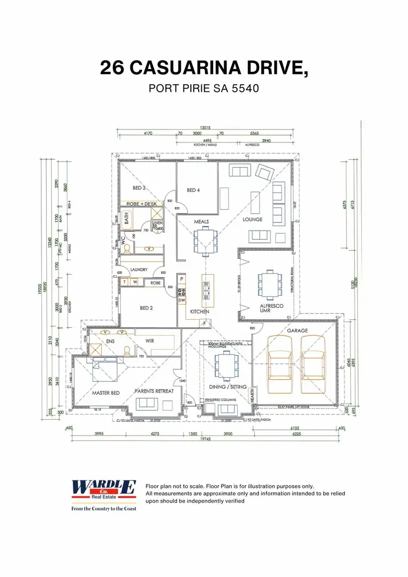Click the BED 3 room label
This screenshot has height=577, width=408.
[x=139, y=188]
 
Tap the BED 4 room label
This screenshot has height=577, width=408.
[x=193, y=190]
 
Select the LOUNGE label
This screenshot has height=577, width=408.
[x=252, y=220]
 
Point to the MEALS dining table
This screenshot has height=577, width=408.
[x=205, y=239]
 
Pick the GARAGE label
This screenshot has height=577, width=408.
[x=298, y=331]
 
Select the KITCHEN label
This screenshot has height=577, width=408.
[x=199, y=312]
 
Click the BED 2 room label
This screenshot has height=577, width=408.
[x=146, y=308]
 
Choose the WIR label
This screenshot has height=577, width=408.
[x=150, y=341]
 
